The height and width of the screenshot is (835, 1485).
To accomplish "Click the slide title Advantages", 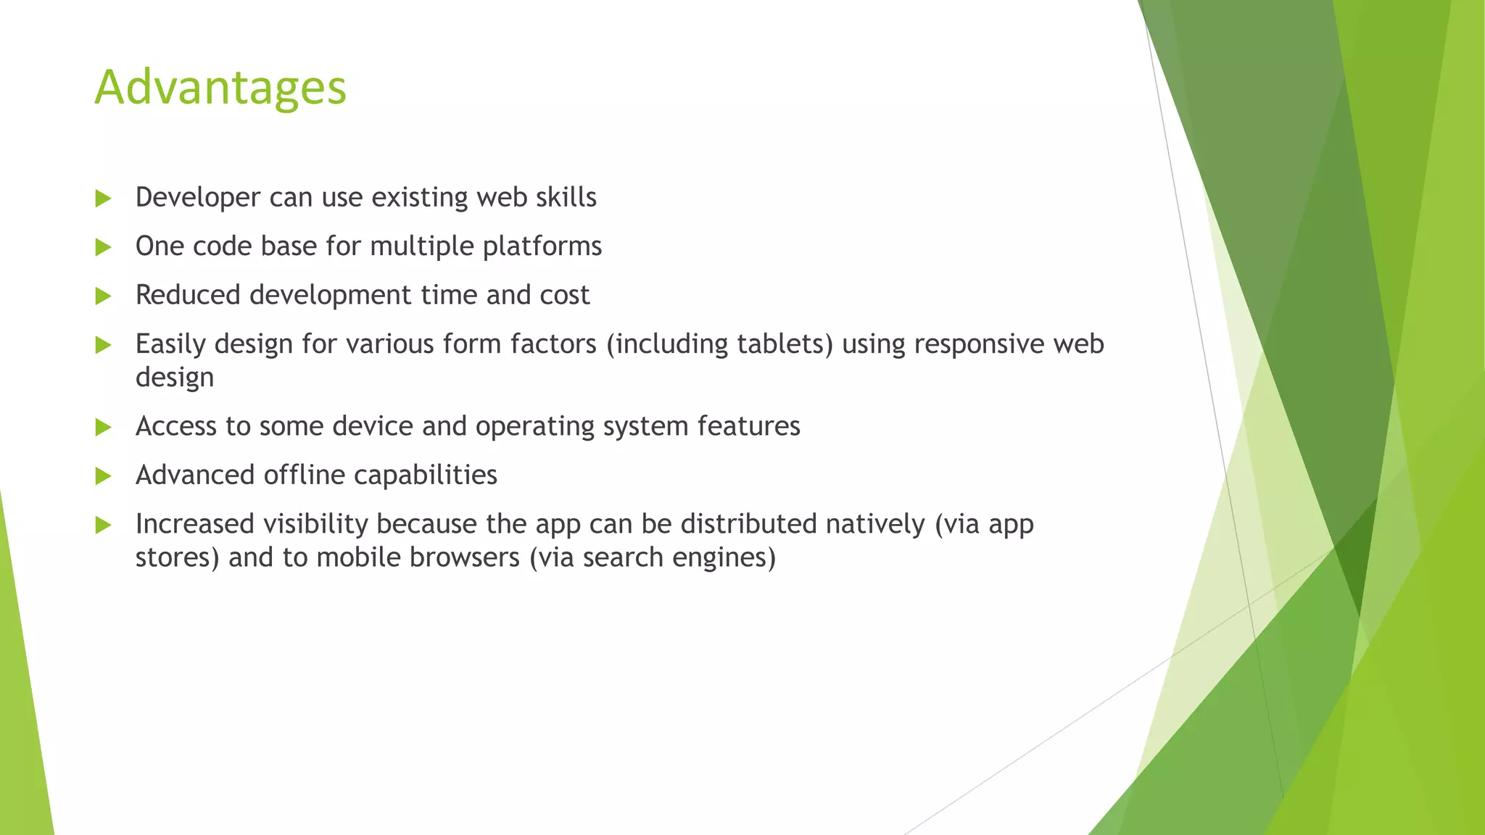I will [220, 88].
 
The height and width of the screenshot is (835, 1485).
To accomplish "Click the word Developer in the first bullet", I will [197, 198].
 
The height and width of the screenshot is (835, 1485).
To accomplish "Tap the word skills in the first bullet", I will [566, 198].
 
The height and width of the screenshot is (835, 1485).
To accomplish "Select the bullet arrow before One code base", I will [103, 247].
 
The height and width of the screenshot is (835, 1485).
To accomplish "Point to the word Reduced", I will [188, 296].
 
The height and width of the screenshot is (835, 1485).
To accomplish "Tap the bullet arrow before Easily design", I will [103, 345].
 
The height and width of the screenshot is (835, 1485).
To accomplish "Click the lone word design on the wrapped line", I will [175, 378].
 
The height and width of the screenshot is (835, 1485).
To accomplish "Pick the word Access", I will [175, 426].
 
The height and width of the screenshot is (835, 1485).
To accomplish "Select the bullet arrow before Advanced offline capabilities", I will [103, 476].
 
